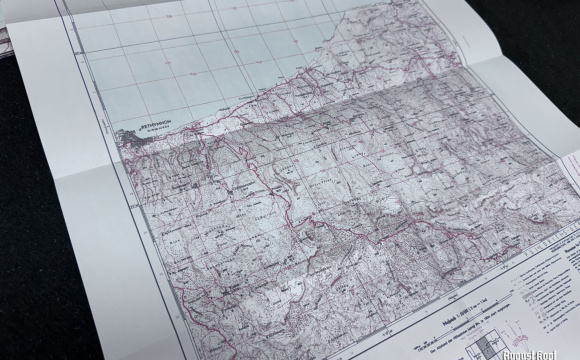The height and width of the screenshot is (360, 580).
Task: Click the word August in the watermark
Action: tap(517, 352)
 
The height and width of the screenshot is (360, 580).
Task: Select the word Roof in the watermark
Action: tap(552, 352)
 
